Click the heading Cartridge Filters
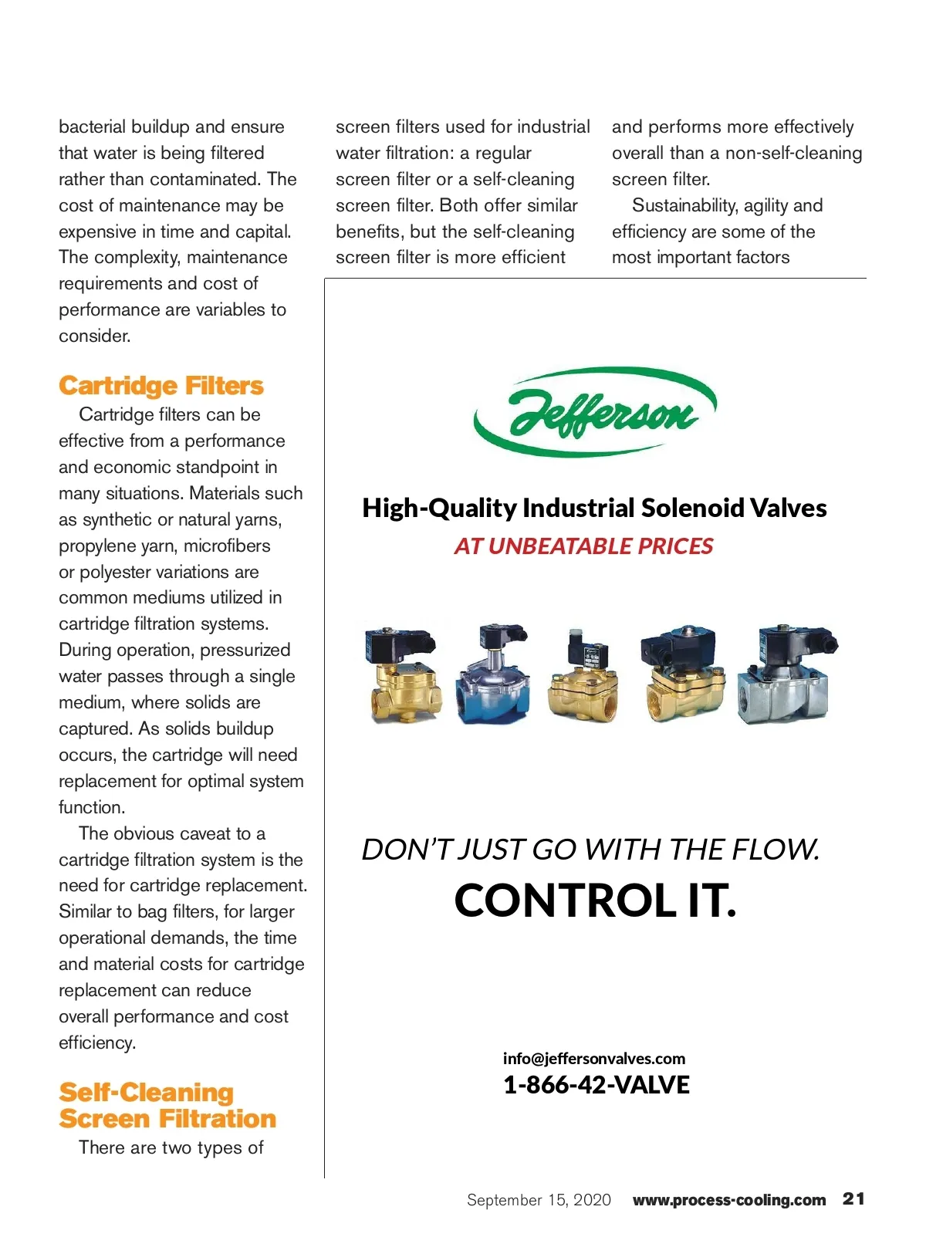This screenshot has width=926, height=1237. tap(161, 385)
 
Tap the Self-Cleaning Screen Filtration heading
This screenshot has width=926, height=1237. tap(167, 1105)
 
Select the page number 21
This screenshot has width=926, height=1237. tap(853, 1198)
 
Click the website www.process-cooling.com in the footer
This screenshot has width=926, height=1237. tap(728, 1200)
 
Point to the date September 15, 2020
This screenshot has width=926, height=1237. tap(539, 1200)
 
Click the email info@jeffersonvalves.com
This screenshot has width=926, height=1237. tap(594, 1058)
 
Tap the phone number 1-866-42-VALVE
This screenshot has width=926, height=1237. tap(596, 1084)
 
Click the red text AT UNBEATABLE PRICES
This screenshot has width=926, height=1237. tap(583, 546)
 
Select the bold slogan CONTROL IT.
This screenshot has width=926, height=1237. tap(595, 900)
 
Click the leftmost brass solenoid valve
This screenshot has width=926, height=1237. tap(402, 674)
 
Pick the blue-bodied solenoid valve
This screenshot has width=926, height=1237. tap(493, 674)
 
